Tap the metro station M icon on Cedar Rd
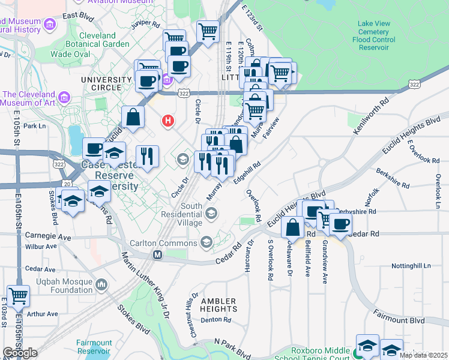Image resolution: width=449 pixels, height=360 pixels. pyautogui.click(x=157, y=255)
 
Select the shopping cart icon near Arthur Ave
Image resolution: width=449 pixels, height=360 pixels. pyautogui.click(x=18, y=295)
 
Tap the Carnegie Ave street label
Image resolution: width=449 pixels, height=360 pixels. pyautogui.click(x=51, y=238)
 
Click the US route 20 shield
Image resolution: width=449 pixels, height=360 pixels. pyautogui.click(x=66, y=183)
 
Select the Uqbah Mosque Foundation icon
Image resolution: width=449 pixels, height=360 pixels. pyautogui.click(x=101, y=284)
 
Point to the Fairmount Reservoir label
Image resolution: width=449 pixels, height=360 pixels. pyautogui.click(x=94, y=347)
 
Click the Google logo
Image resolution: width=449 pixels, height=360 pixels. pyautogui.click(x=20, y=353)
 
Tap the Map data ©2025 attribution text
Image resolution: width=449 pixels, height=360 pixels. pyautogui.click(x=424, y=355)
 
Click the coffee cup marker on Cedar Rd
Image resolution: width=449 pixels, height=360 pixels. pyautogui.click(x=340, y=224)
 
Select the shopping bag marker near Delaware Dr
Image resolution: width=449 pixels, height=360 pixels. pyautogui.click(x=293, y=227)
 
